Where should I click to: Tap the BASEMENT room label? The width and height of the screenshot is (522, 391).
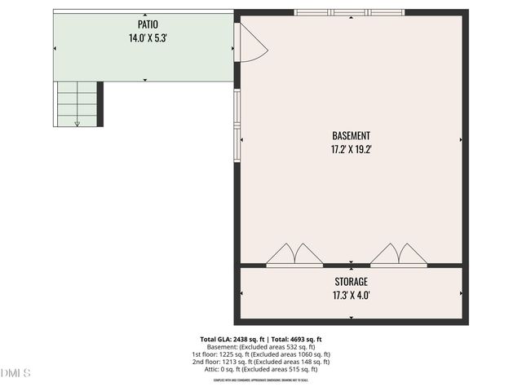point(352,136)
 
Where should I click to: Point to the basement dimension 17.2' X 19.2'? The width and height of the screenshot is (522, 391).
point(352,149)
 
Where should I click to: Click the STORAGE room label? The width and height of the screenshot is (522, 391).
point(351,282)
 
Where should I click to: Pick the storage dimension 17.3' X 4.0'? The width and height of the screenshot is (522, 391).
point(351,295)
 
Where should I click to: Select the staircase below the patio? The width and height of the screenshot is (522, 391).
point(77,104)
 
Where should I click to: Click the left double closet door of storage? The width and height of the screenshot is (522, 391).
point(290,254)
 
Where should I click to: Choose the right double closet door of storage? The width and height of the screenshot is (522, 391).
point(398,254)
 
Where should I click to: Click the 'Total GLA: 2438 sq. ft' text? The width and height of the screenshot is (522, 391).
point(232,339)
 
